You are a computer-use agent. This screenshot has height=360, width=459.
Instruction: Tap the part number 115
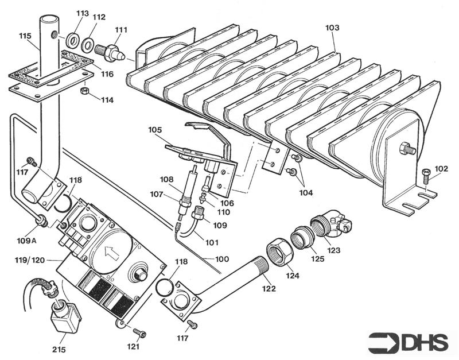[x=25, y=36]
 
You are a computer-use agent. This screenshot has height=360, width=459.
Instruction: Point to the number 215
[x=59, y=349]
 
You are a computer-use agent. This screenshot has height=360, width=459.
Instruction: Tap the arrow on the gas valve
[x=110, y=251]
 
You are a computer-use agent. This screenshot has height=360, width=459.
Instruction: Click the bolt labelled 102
[x=425, y=176]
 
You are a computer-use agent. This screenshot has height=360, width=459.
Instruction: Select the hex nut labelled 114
[x=84, y=91]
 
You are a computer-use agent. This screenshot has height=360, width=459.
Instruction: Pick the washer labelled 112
[x=88, y=44]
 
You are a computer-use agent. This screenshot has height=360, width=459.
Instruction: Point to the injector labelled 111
[x=111, y=51]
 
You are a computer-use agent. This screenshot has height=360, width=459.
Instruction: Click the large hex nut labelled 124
[x=278, y=251]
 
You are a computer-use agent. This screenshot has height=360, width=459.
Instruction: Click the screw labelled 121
[x=138, y=332]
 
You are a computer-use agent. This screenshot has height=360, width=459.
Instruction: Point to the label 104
[x=306, y=192]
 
